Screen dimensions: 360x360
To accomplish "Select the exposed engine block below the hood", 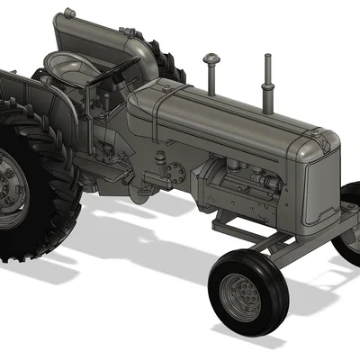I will click(238, 184).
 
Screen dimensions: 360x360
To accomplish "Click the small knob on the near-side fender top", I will click(41, 78).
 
